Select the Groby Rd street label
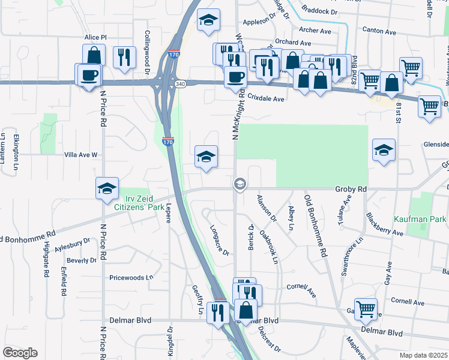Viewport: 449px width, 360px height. (350, 188)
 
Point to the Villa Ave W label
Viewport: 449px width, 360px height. (80, 155)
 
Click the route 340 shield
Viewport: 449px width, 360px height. (181, 84)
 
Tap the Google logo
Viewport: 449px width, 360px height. (20, 353)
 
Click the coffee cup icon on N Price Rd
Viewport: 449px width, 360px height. (89, 75)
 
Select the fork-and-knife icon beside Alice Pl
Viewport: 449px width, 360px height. (124, 56)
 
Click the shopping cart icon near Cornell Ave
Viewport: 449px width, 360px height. (366, 310)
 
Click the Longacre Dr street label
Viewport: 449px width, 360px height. (220, 240)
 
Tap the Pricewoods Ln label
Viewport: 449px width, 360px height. (131, 278)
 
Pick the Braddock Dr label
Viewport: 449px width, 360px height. (320, 11)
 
